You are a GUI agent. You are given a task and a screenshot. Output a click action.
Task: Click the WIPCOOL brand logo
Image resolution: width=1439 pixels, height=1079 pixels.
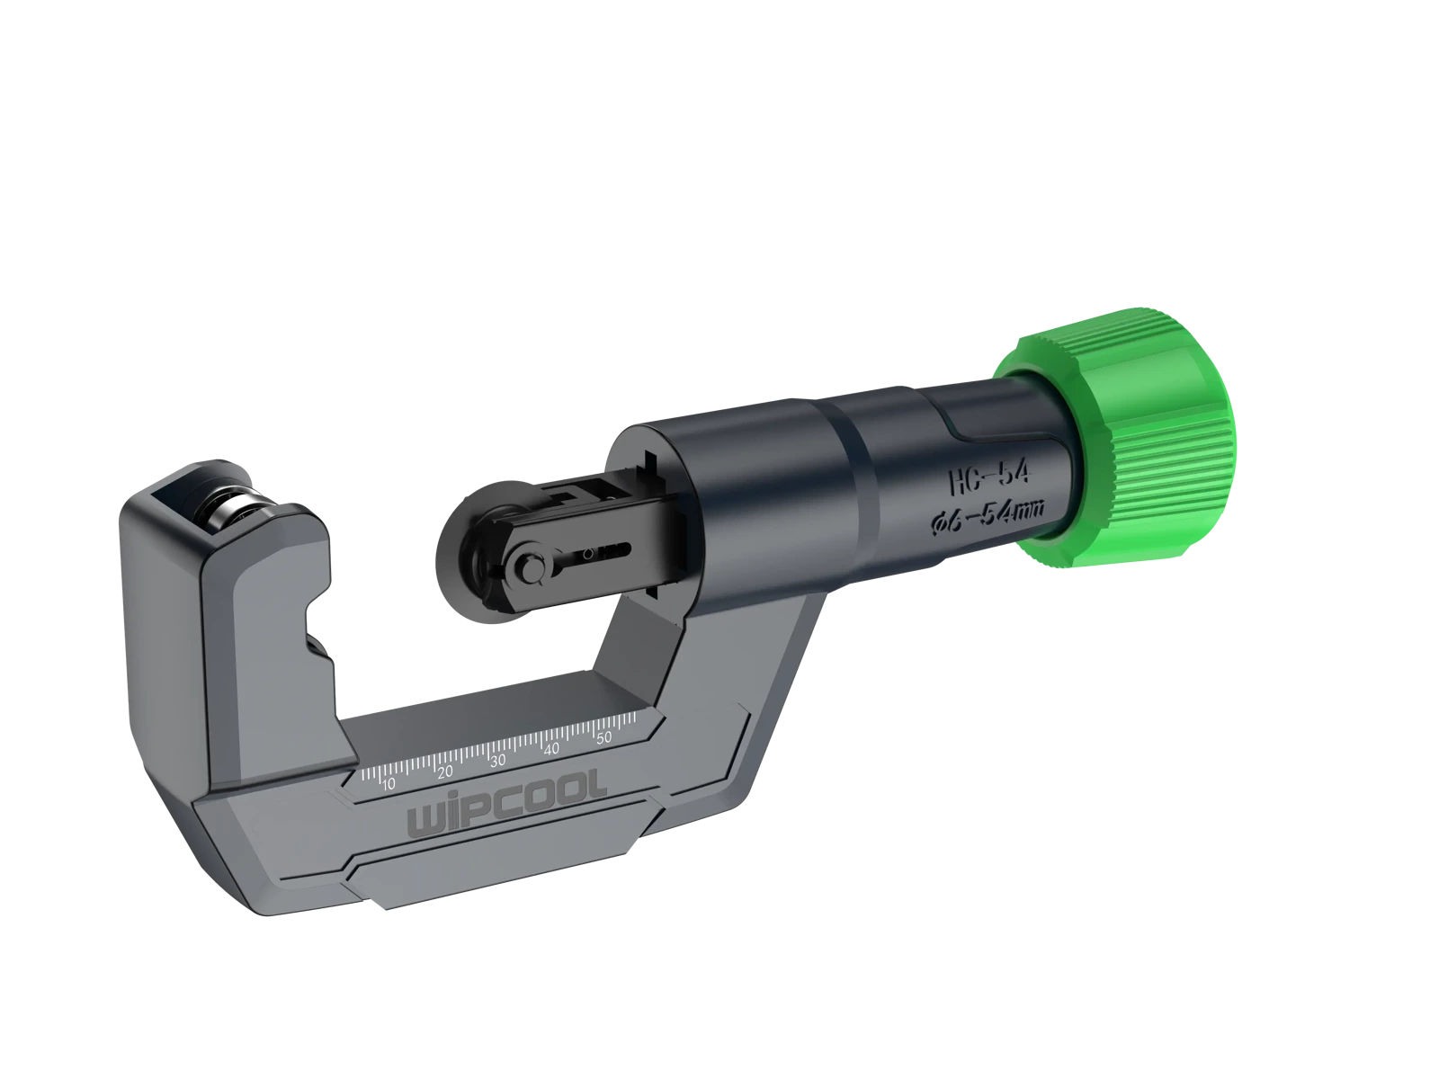506,802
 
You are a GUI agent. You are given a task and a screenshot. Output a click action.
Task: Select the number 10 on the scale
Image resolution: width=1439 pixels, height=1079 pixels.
389,784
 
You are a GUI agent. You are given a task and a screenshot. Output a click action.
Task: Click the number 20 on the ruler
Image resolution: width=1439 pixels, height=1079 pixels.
445,771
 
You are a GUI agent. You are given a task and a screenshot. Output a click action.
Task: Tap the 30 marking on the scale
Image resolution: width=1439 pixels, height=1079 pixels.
497,760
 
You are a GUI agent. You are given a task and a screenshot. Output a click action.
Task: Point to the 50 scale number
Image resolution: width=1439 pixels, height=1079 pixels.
603,737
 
